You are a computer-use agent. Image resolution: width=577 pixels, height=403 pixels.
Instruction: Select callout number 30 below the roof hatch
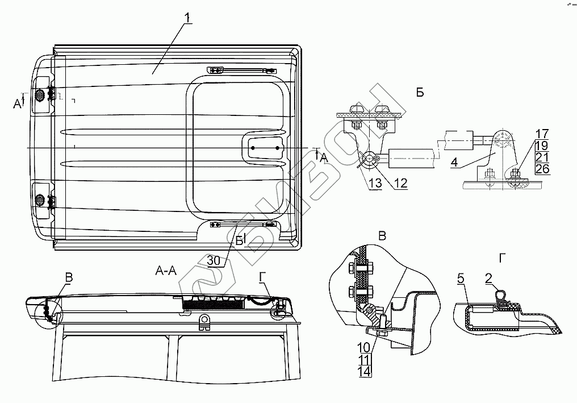coord(214,260)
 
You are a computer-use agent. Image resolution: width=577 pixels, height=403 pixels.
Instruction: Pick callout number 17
coord(542,135)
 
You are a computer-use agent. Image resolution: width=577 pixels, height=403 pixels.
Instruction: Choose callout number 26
coord(542,169)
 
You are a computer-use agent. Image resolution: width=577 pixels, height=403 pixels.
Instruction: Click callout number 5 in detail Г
coord(461,279)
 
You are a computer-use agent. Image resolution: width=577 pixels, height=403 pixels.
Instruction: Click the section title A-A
coord(166,271)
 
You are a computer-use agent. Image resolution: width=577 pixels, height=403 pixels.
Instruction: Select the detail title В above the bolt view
coord(382,236)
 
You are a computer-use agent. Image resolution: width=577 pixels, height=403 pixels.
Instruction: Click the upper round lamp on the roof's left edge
coord(40,95)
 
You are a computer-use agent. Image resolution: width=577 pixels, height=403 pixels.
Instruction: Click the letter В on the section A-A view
coord(69,278)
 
